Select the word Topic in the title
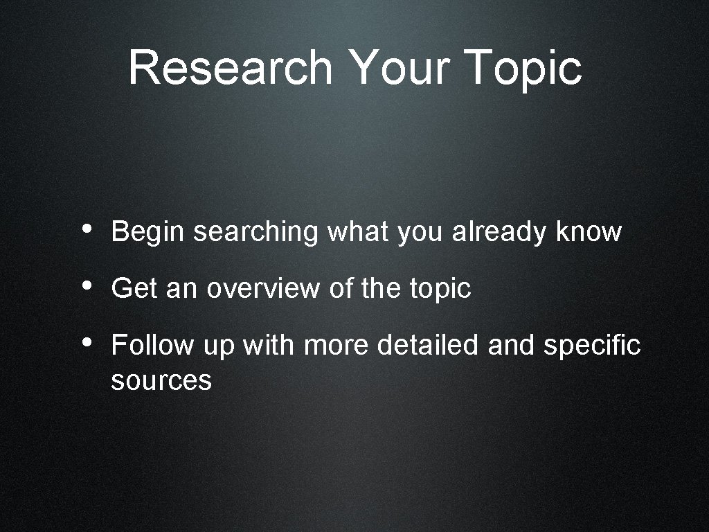(524, 68)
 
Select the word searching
(255, 232)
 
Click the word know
(589, 232)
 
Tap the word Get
(134, 288)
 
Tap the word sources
(161, 380)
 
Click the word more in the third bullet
(336, 345)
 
